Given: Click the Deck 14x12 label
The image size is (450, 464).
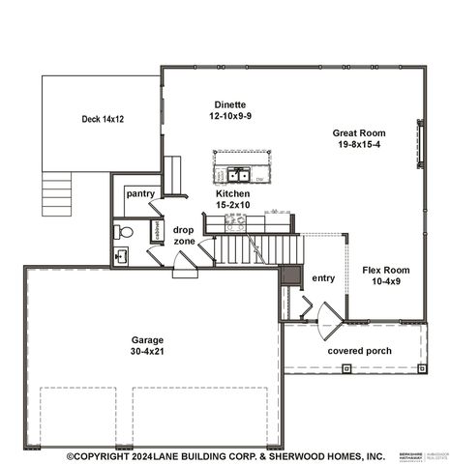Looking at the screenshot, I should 104,119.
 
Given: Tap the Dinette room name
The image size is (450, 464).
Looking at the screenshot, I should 231,103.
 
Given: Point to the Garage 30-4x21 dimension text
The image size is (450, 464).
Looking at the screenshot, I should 148,352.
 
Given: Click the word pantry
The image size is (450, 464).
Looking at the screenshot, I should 141,193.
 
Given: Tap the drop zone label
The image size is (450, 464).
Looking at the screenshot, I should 184,235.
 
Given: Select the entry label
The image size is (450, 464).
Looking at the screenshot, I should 323,278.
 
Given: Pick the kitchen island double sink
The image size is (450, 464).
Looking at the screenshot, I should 237,175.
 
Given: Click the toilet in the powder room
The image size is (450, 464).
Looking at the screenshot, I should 122,232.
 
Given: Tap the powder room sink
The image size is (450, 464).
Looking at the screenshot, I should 120,255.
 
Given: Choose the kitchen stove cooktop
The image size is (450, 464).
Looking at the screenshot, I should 235,221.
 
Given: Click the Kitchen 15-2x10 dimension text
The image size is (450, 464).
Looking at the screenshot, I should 232,205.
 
